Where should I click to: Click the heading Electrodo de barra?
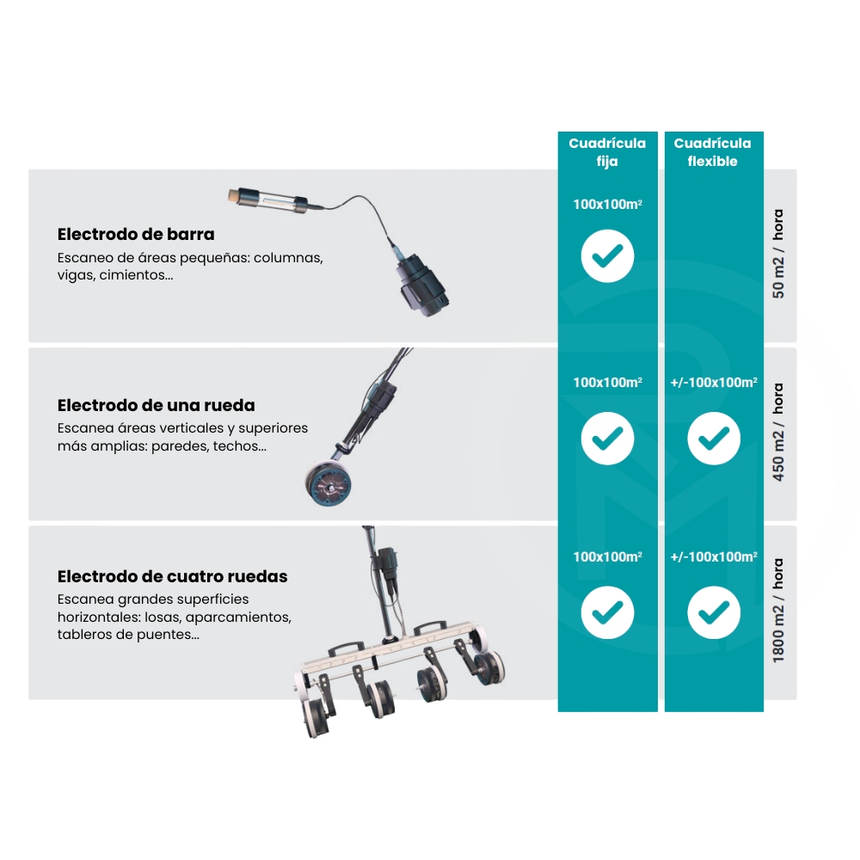[136, 234]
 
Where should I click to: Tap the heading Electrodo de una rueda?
[156, 405]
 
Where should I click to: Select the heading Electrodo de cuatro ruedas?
[172, 576]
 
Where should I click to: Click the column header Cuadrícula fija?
[607, 152]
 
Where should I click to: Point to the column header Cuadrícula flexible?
[712, 152]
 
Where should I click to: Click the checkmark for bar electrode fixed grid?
[608, 256]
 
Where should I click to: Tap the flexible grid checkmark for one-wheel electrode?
[714, 439]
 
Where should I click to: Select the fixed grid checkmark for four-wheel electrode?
[608, 612]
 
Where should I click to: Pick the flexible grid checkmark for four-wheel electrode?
[714, 612]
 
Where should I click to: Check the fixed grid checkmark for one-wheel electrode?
[608, 439]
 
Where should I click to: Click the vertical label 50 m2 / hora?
[777, 254]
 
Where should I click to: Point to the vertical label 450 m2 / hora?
[777, 433]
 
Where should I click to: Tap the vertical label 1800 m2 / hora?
[777, 611]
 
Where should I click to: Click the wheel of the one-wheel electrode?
[328, 483]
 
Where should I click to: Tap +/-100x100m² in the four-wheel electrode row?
[714, 556]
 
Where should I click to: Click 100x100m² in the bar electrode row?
[608, 205]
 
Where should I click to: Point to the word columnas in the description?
[288, 258]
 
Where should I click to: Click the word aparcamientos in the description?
[238, 617]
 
